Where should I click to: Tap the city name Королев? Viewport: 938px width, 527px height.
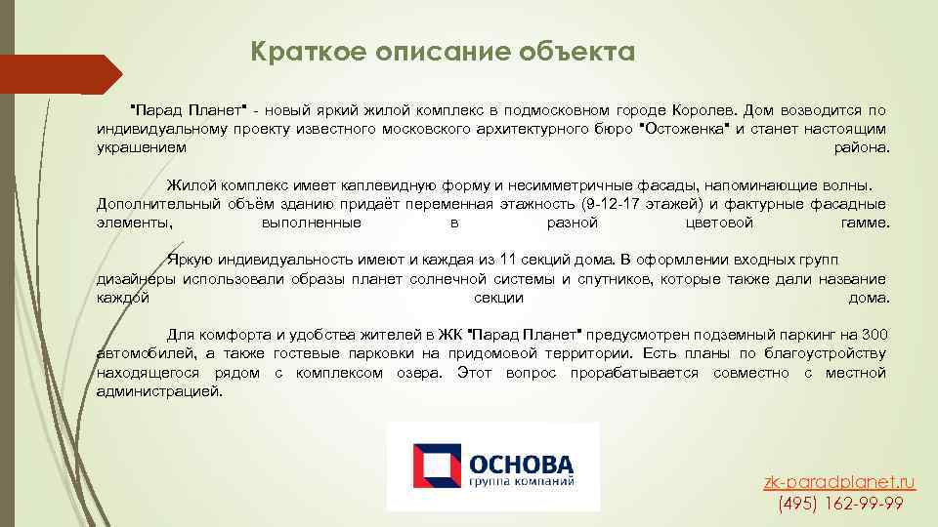[x=704, y=110]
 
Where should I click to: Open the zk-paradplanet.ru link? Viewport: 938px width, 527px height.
[x=840, y=482]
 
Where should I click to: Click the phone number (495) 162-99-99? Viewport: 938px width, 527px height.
[x=840, y=504]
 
